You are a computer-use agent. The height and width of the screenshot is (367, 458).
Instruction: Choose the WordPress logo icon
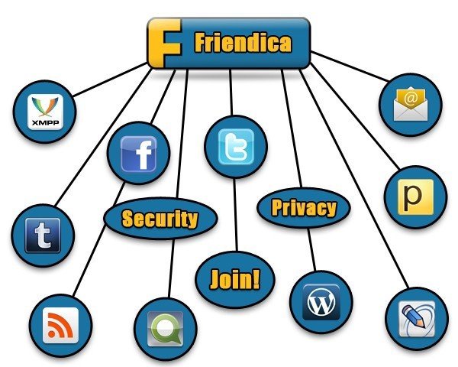(x=321, y=302)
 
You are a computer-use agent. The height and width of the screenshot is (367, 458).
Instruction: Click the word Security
(x=160, y=219)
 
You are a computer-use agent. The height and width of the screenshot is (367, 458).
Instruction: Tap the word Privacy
(x=303, y=207)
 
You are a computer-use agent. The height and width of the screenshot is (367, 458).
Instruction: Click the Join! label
(x=234, y=278)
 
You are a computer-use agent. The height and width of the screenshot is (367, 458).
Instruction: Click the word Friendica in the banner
(x=242, y=43)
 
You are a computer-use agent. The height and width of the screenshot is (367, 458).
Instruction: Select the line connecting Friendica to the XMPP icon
(x=107, y=80)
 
